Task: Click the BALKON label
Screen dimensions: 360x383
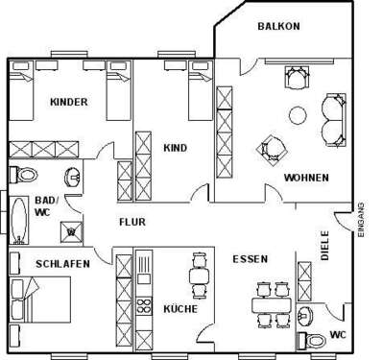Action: pos(278,26)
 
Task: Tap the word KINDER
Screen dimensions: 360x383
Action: pos(69,102)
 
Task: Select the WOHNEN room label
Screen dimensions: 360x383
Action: pos(306,178)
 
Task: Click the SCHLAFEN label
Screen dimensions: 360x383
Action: pos(36,261)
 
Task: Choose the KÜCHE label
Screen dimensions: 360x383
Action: pos(180,309)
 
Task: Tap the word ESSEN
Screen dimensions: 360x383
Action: pos(250,259)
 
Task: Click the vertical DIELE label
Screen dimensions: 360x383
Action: pos(325,245)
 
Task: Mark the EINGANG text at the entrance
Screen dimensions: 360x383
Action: pos(362,220)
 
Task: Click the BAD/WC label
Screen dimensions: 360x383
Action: pos(45,206)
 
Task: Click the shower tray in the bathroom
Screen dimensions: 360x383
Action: pos(70,228)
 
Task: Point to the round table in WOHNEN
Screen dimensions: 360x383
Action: pos(299,117)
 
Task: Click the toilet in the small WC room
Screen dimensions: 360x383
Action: pos(314,339)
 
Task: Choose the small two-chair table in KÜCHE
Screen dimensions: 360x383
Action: pos(199,276)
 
